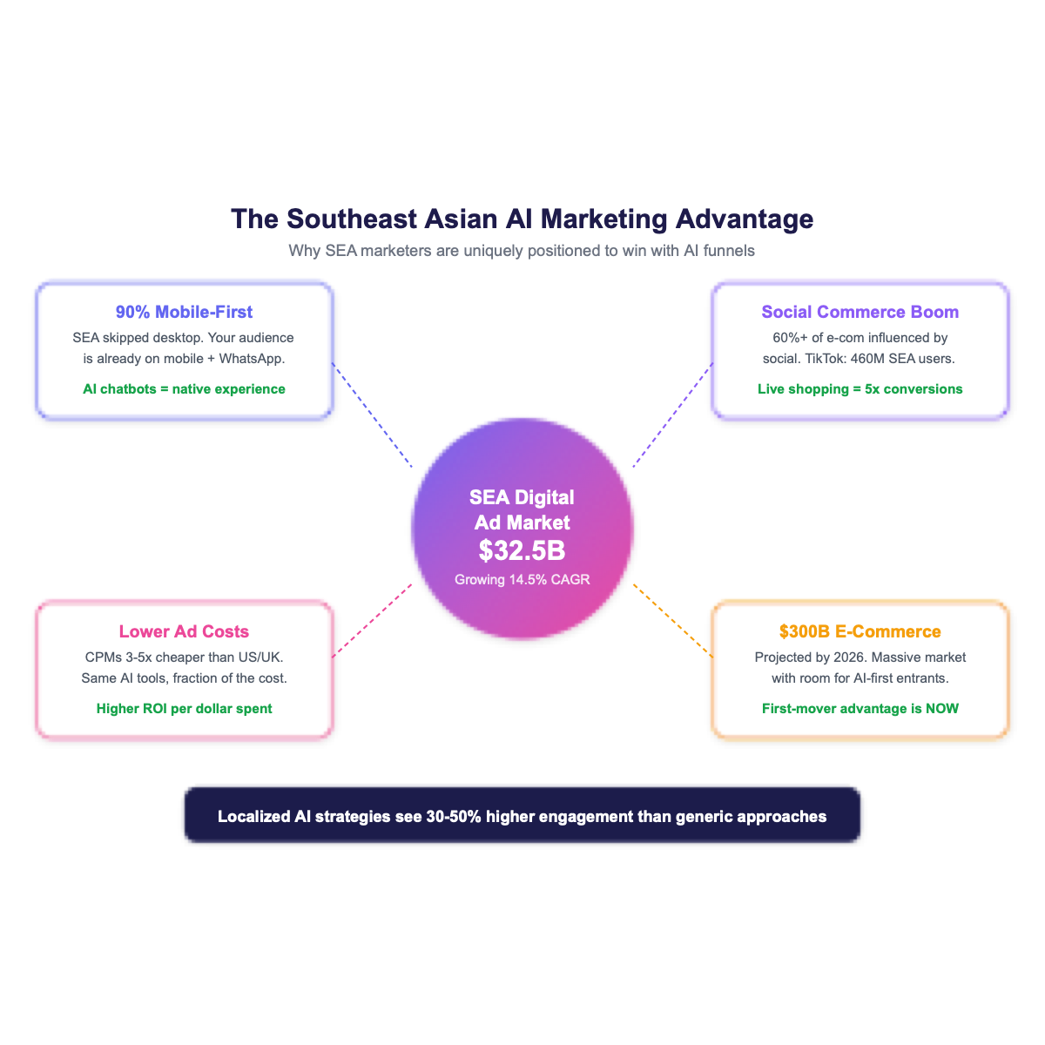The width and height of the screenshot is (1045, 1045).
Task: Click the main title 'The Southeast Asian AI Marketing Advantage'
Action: pos(522,219)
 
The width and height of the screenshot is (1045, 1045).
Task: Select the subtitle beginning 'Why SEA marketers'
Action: pos(522,251)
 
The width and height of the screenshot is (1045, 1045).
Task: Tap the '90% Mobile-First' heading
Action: pos(185,312)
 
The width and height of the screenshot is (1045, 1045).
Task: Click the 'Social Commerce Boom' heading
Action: pos(860,312)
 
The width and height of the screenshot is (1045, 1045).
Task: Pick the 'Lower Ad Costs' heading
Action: pos(185,631)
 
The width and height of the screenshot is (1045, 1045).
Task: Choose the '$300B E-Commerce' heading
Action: pos(860,631)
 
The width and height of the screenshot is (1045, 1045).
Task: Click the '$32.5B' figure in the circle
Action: pos(522,550)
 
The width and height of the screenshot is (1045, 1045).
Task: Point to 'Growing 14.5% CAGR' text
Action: pos(522,579)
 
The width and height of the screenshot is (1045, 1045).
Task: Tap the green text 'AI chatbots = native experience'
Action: pos(185,389)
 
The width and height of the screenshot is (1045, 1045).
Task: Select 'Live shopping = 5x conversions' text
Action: pos(860,389)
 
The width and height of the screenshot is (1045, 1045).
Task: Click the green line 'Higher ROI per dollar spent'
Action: pos(185,709)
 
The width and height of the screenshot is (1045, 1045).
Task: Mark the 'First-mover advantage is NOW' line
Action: pos(860,709)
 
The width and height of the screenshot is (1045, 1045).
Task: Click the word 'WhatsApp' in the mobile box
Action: pos(253,359)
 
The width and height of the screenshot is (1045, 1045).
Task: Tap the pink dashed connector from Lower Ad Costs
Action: pos(373,619)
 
